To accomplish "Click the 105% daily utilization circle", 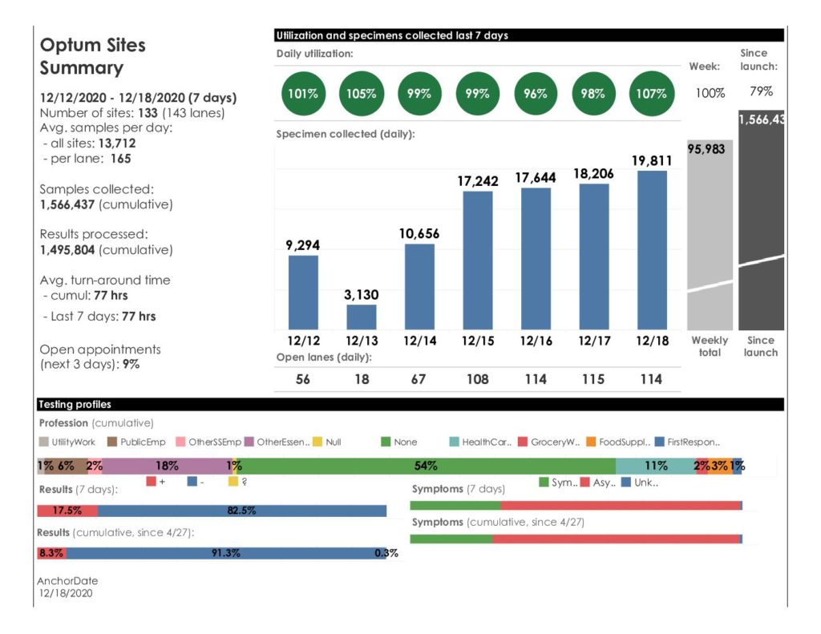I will click(361, 93).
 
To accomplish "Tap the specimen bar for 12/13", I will click(361, 317).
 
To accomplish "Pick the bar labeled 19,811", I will click(652, 249).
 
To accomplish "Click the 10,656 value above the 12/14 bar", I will click(419, 233).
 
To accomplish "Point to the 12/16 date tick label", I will click(535, 341).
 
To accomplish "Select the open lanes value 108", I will click(477, 379).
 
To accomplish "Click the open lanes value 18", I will click(362, 379).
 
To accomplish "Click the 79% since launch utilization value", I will click(760, 91).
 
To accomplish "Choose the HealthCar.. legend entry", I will click(482, 442).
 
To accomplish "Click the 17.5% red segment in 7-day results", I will click(67, 511).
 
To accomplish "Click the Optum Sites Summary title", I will click(93, 56).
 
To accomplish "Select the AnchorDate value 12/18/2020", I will click(65, 593).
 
